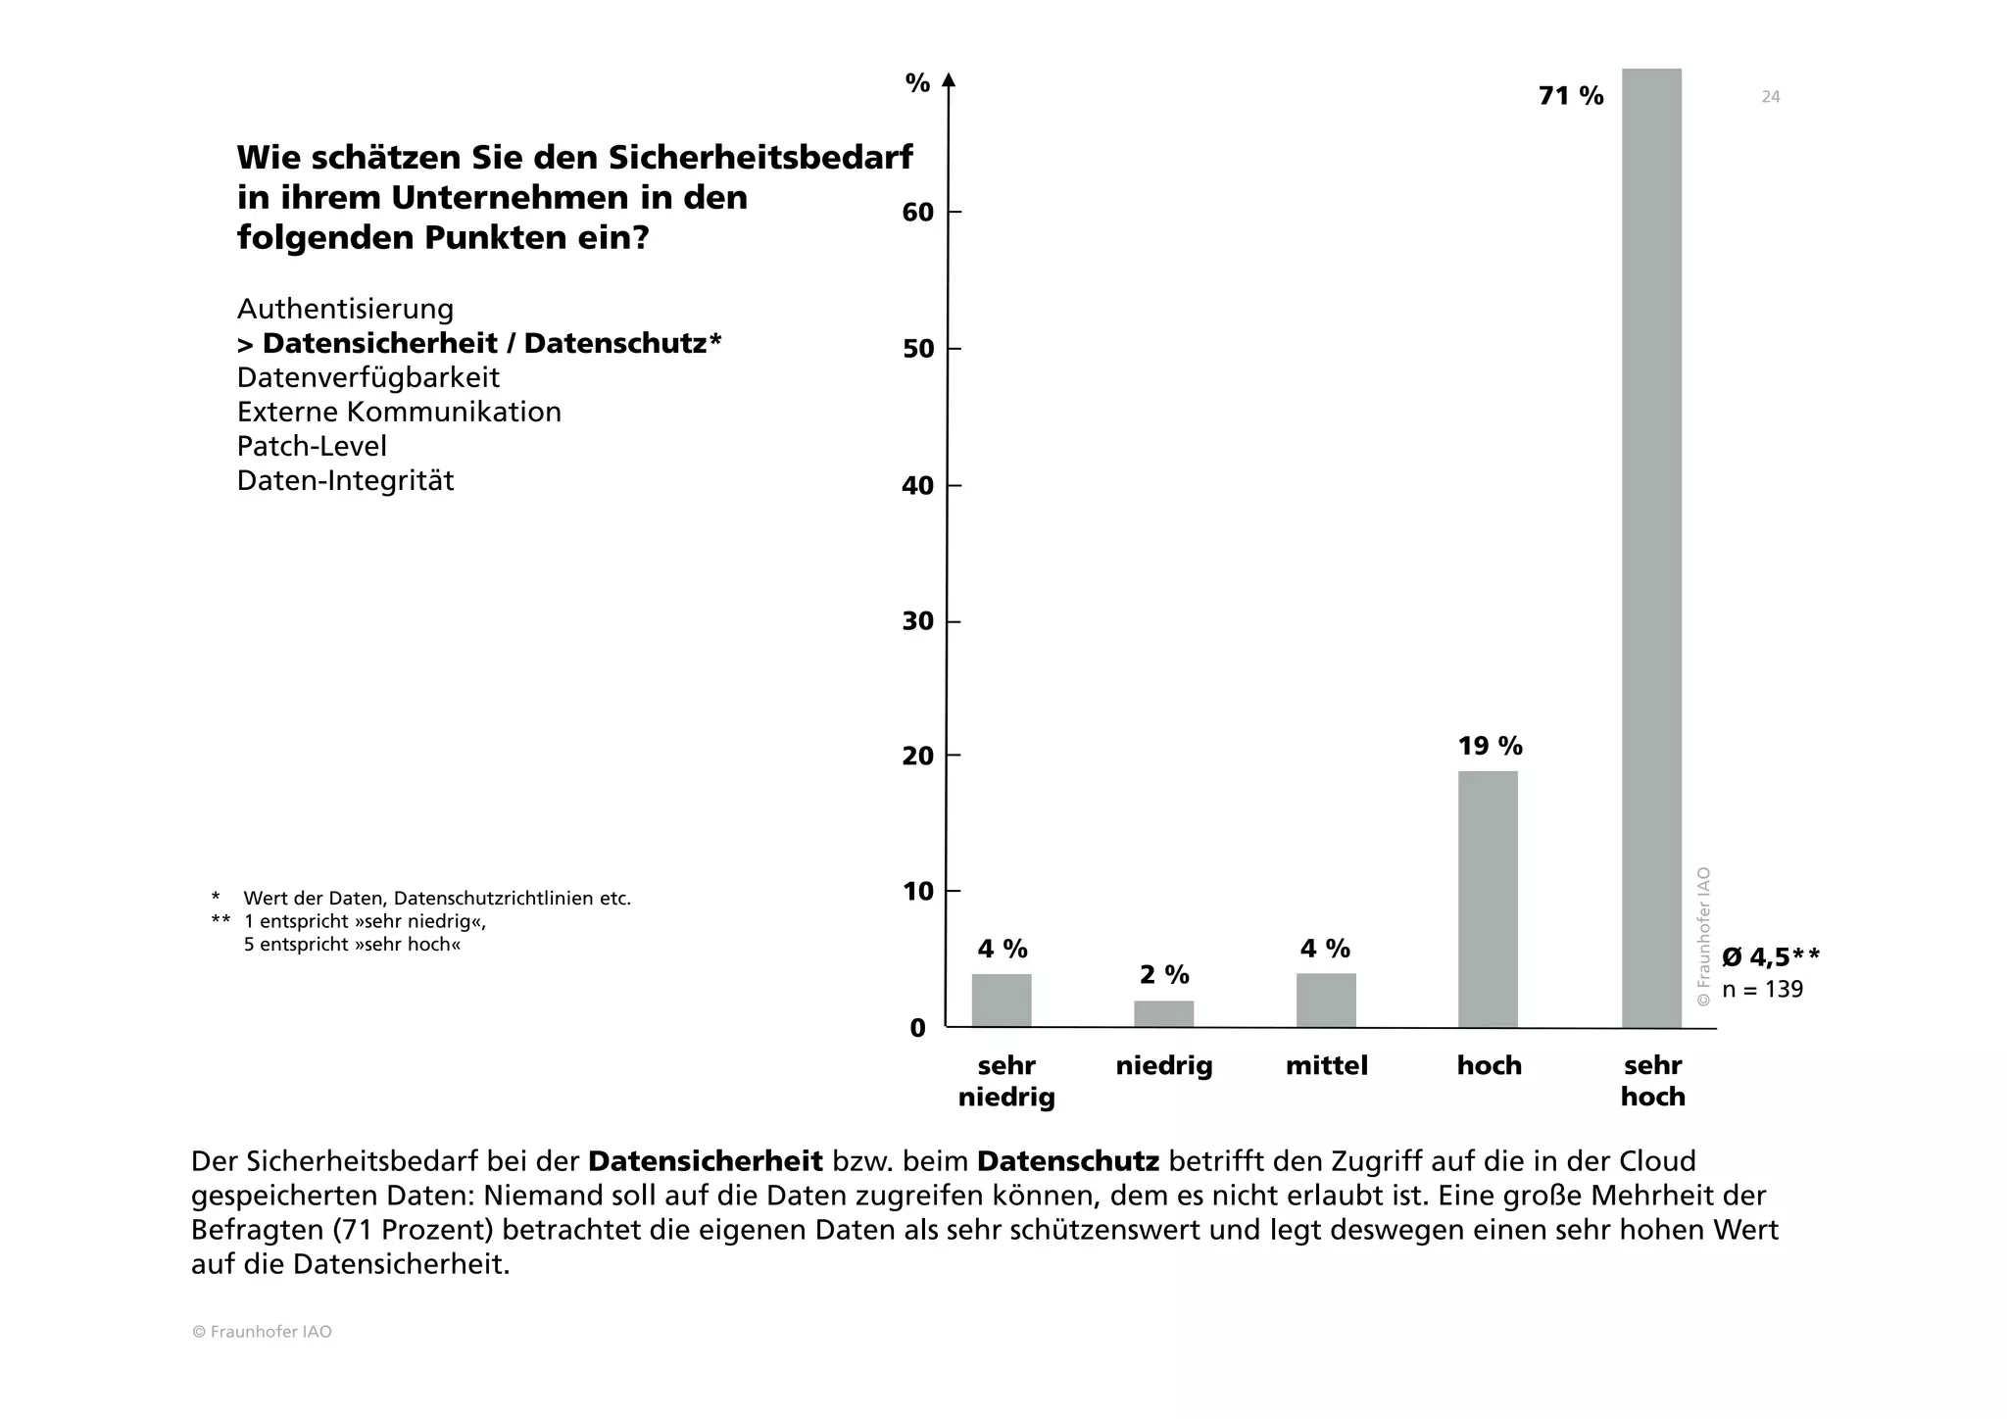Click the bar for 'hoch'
pyautogui.click(x=1488, y=899)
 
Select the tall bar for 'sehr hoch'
pyautogui.click(x=1651, y=549)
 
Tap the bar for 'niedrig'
pyautogui.click(x=1163, y=1013)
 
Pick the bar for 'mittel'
pyautogui.click(x=1326, y=1000)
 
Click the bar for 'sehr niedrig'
pyautogui.click(x=1002, y=1000)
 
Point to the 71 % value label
pyautogui.click(x=1571, y=96)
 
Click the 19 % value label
pyautogui.click(x=1490, y=747)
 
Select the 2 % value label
pyautogui.click(x=1164, y=975)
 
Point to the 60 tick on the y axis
pyautogui.click(x=918, y=213)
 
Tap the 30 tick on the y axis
pyautogui.click(x=918, y=622)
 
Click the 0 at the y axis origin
pyautogui.click(x=918, y=1028)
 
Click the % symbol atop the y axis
pyautogui.click(x=917, y=84)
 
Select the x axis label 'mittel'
pyautogui.click(x=1326, y=1066)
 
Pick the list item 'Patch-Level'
pyautogui.click(x=312, y=447)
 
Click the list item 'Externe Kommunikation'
pyautogui.click(x=399, y=413)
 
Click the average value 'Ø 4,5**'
pyautogui.click(x=1771, y=957)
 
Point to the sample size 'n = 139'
pyautogui.click(x=1762, y=990)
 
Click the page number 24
pyautogui.click(x=1770, y=97)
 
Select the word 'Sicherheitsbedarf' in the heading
pyautogui.click(x=759, y=157)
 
